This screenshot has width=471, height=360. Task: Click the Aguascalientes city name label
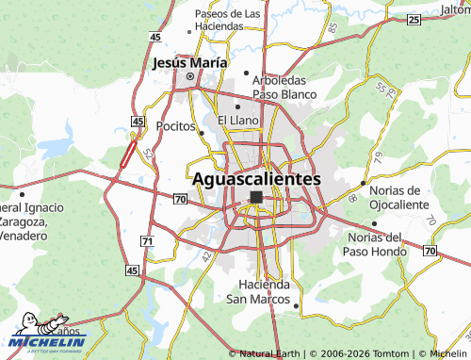(256, 178)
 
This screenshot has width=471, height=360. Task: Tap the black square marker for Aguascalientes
(256, 197)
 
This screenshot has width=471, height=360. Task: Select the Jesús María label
(189, 63)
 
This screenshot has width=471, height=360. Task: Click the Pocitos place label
(175, 125)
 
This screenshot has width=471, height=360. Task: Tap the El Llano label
(237, 121)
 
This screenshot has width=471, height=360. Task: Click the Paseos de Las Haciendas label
(227, 20)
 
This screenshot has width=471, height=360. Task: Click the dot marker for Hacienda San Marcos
(297, 305)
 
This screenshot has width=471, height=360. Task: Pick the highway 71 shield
(147, 242)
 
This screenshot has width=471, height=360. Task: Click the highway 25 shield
(412, 19)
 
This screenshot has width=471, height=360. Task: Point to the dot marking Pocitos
(202, 133)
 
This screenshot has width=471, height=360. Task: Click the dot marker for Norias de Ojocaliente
(364, 184)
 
